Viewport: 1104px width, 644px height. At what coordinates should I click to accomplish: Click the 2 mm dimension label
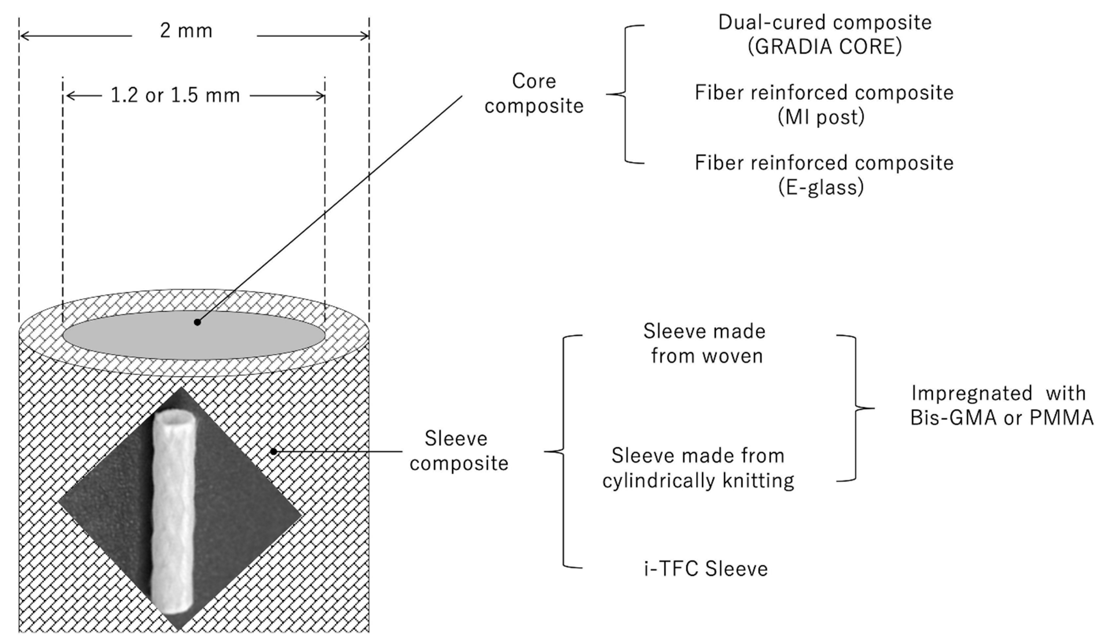(x=186, y=31)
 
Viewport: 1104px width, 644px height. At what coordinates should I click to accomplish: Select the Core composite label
(x=534, y=93)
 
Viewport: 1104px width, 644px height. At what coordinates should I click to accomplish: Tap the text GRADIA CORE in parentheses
(x=824, y=46)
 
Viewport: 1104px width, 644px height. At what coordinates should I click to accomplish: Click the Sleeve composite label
(x=458, y=451)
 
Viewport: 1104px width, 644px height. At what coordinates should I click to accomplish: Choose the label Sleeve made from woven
(x=704, y=343)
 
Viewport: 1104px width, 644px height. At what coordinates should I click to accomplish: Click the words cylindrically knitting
(x=698, y=481)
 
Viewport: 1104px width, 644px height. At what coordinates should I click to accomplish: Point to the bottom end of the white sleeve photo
(x=172, y=607)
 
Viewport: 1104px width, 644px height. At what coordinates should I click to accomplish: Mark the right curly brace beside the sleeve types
(x=856, y=408)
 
